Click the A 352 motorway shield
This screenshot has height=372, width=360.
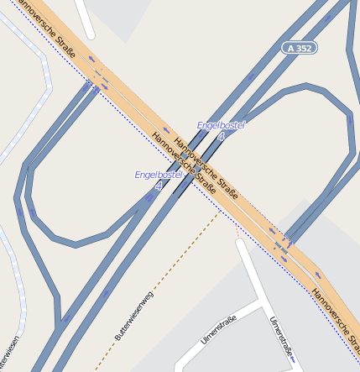(299, 49)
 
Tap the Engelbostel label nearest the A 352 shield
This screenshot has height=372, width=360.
(220, 125)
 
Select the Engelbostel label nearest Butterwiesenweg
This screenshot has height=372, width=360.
(159, 174)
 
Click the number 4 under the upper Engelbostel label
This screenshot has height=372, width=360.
(221, 136)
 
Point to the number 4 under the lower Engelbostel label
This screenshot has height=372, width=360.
(158, 185)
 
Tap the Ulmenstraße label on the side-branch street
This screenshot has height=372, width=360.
(220, 330)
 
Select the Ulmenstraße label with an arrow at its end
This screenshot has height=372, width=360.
(282, 338)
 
